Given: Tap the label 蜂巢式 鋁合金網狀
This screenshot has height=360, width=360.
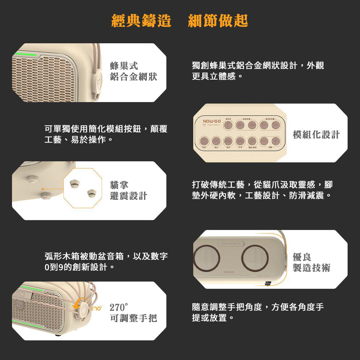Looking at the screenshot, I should [x=134, y=71].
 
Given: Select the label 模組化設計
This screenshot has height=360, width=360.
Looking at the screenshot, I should [x=316, y=135].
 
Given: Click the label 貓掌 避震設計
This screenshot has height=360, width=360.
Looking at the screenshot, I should [x=129, y=190].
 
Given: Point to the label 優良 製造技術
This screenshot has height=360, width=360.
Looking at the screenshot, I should [x=311, y=262].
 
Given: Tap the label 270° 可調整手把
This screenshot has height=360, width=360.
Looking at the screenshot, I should [x=133, y=313].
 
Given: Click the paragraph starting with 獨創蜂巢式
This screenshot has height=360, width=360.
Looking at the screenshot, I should [x=258, y=71].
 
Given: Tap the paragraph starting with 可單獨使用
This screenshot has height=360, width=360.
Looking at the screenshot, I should [x=106, y=134].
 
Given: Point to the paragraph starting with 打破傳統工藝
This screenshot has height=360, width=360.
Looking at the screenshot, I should [x=262, y=190].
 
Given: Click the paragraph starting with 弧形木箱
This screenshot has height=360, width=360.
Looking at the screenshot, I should [x=106, y=262].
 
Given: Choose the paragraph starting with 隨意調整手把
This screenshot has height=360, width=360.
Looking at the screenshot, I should [x=258, y=312].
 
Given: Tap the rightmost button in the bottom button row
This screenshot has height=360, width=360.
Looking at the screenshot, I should [x=276, y=141].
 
